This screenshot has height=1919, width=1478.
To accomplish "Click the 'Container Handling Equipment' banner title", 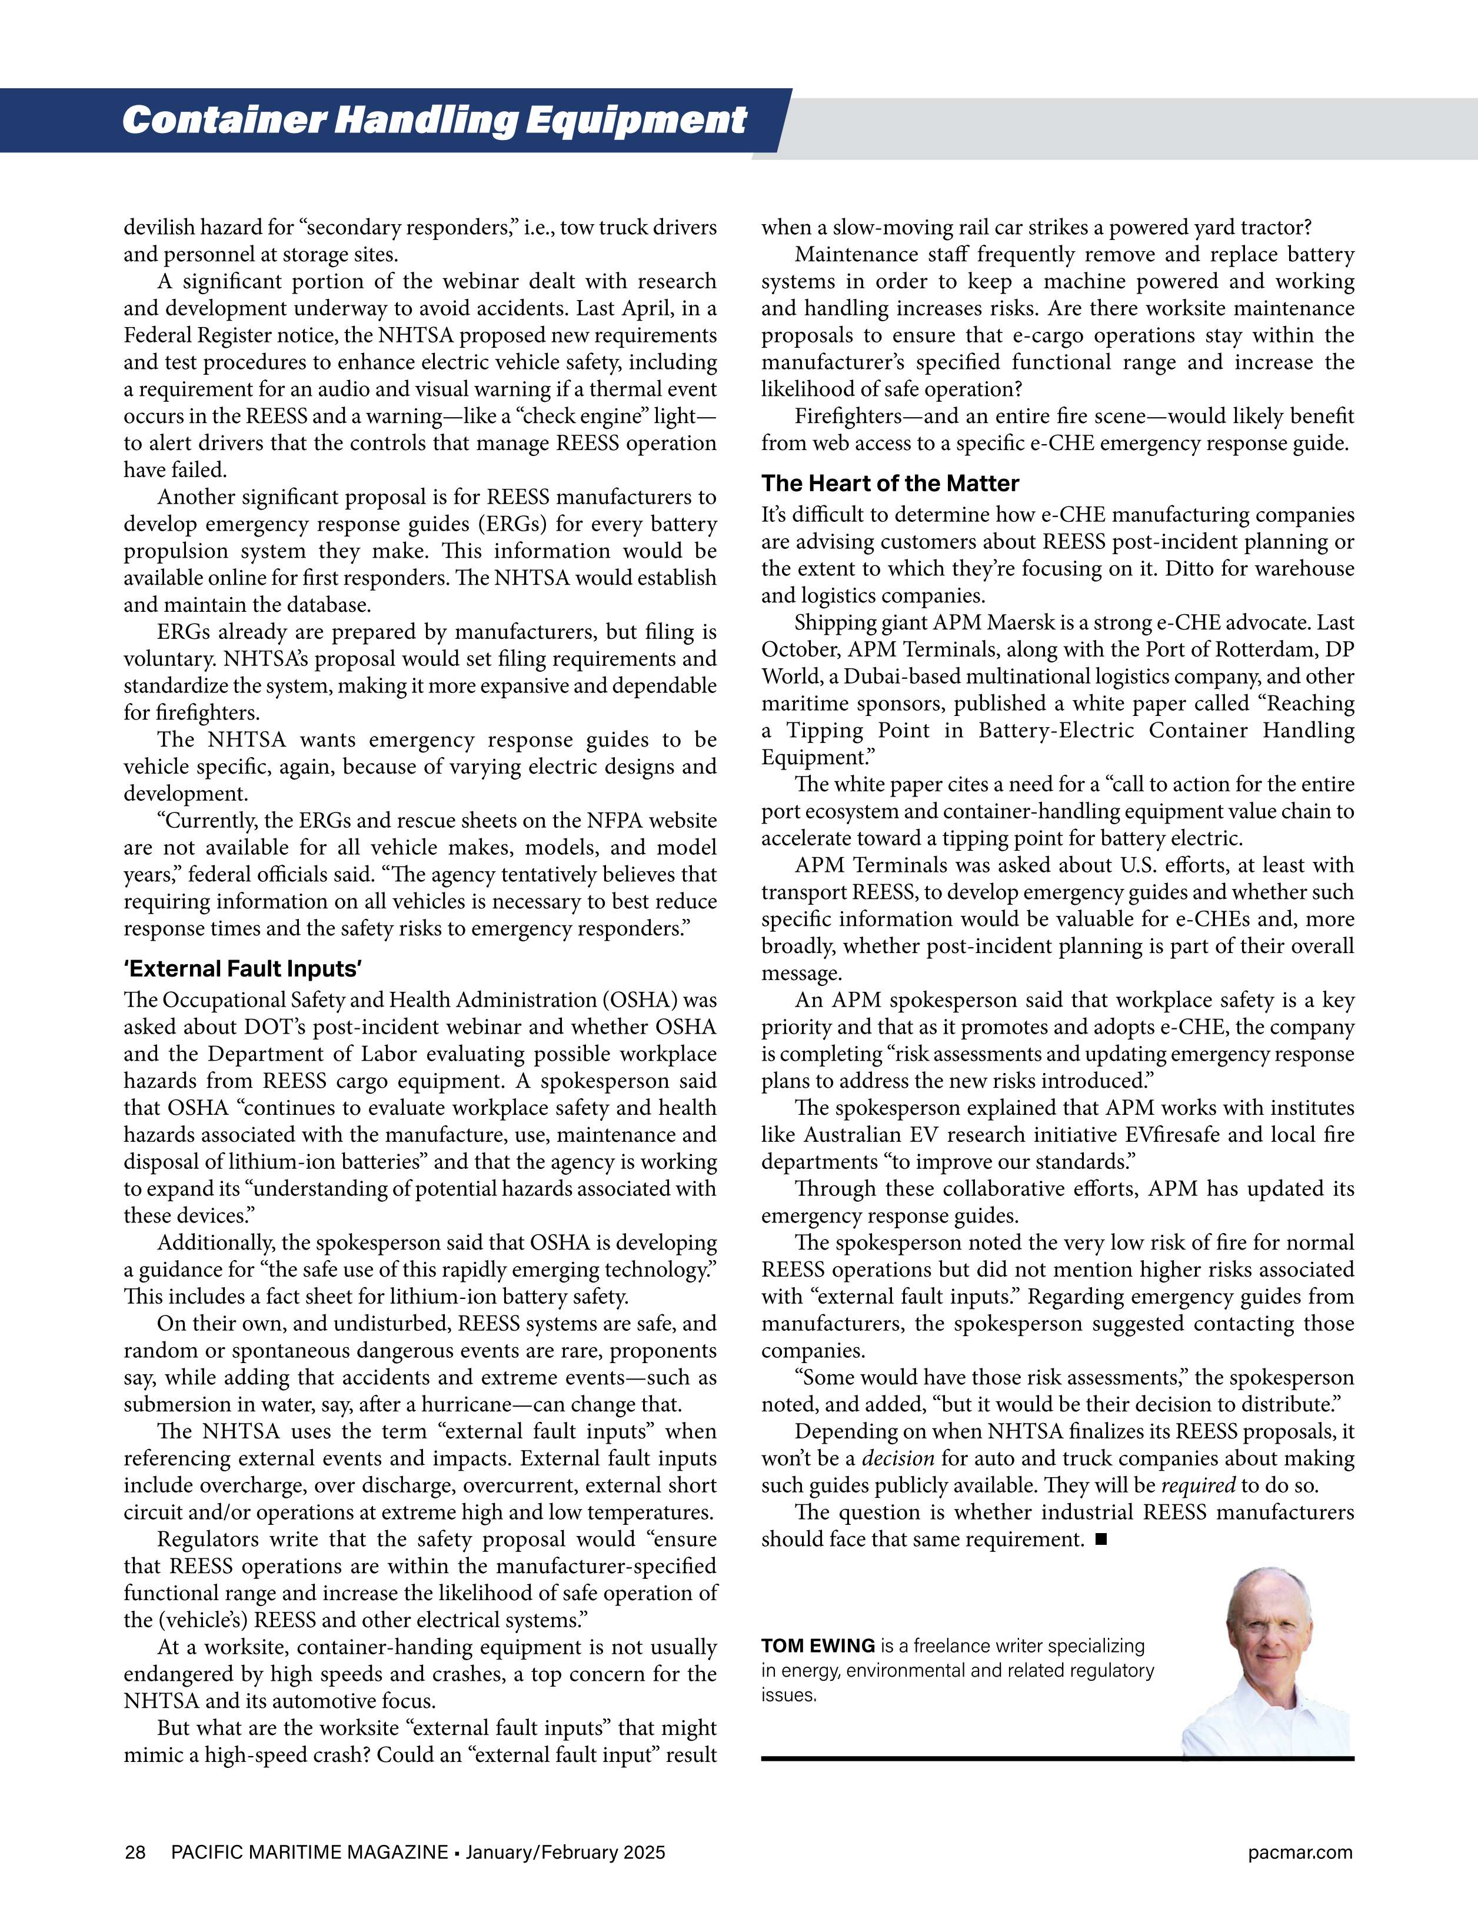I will [434, 121].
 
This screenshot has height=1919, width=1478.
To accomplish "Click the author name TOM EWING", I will [817, 1645].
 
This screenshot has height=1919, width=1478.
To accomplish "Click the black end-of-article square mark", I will [1101, 1540].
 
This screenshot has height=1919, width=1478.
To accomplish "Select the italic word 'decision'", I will [897, 1458].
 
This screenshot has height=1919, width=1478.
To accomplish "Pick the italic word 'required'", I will [1198, 1486].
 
